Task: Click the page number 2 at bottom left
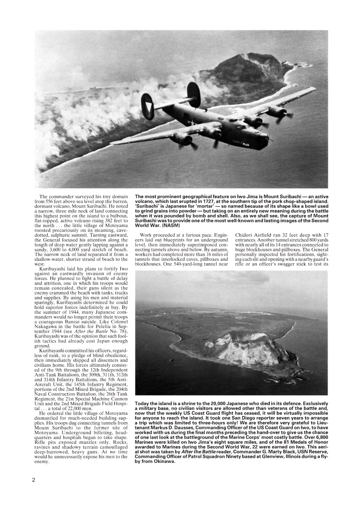tap(34, 480)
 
